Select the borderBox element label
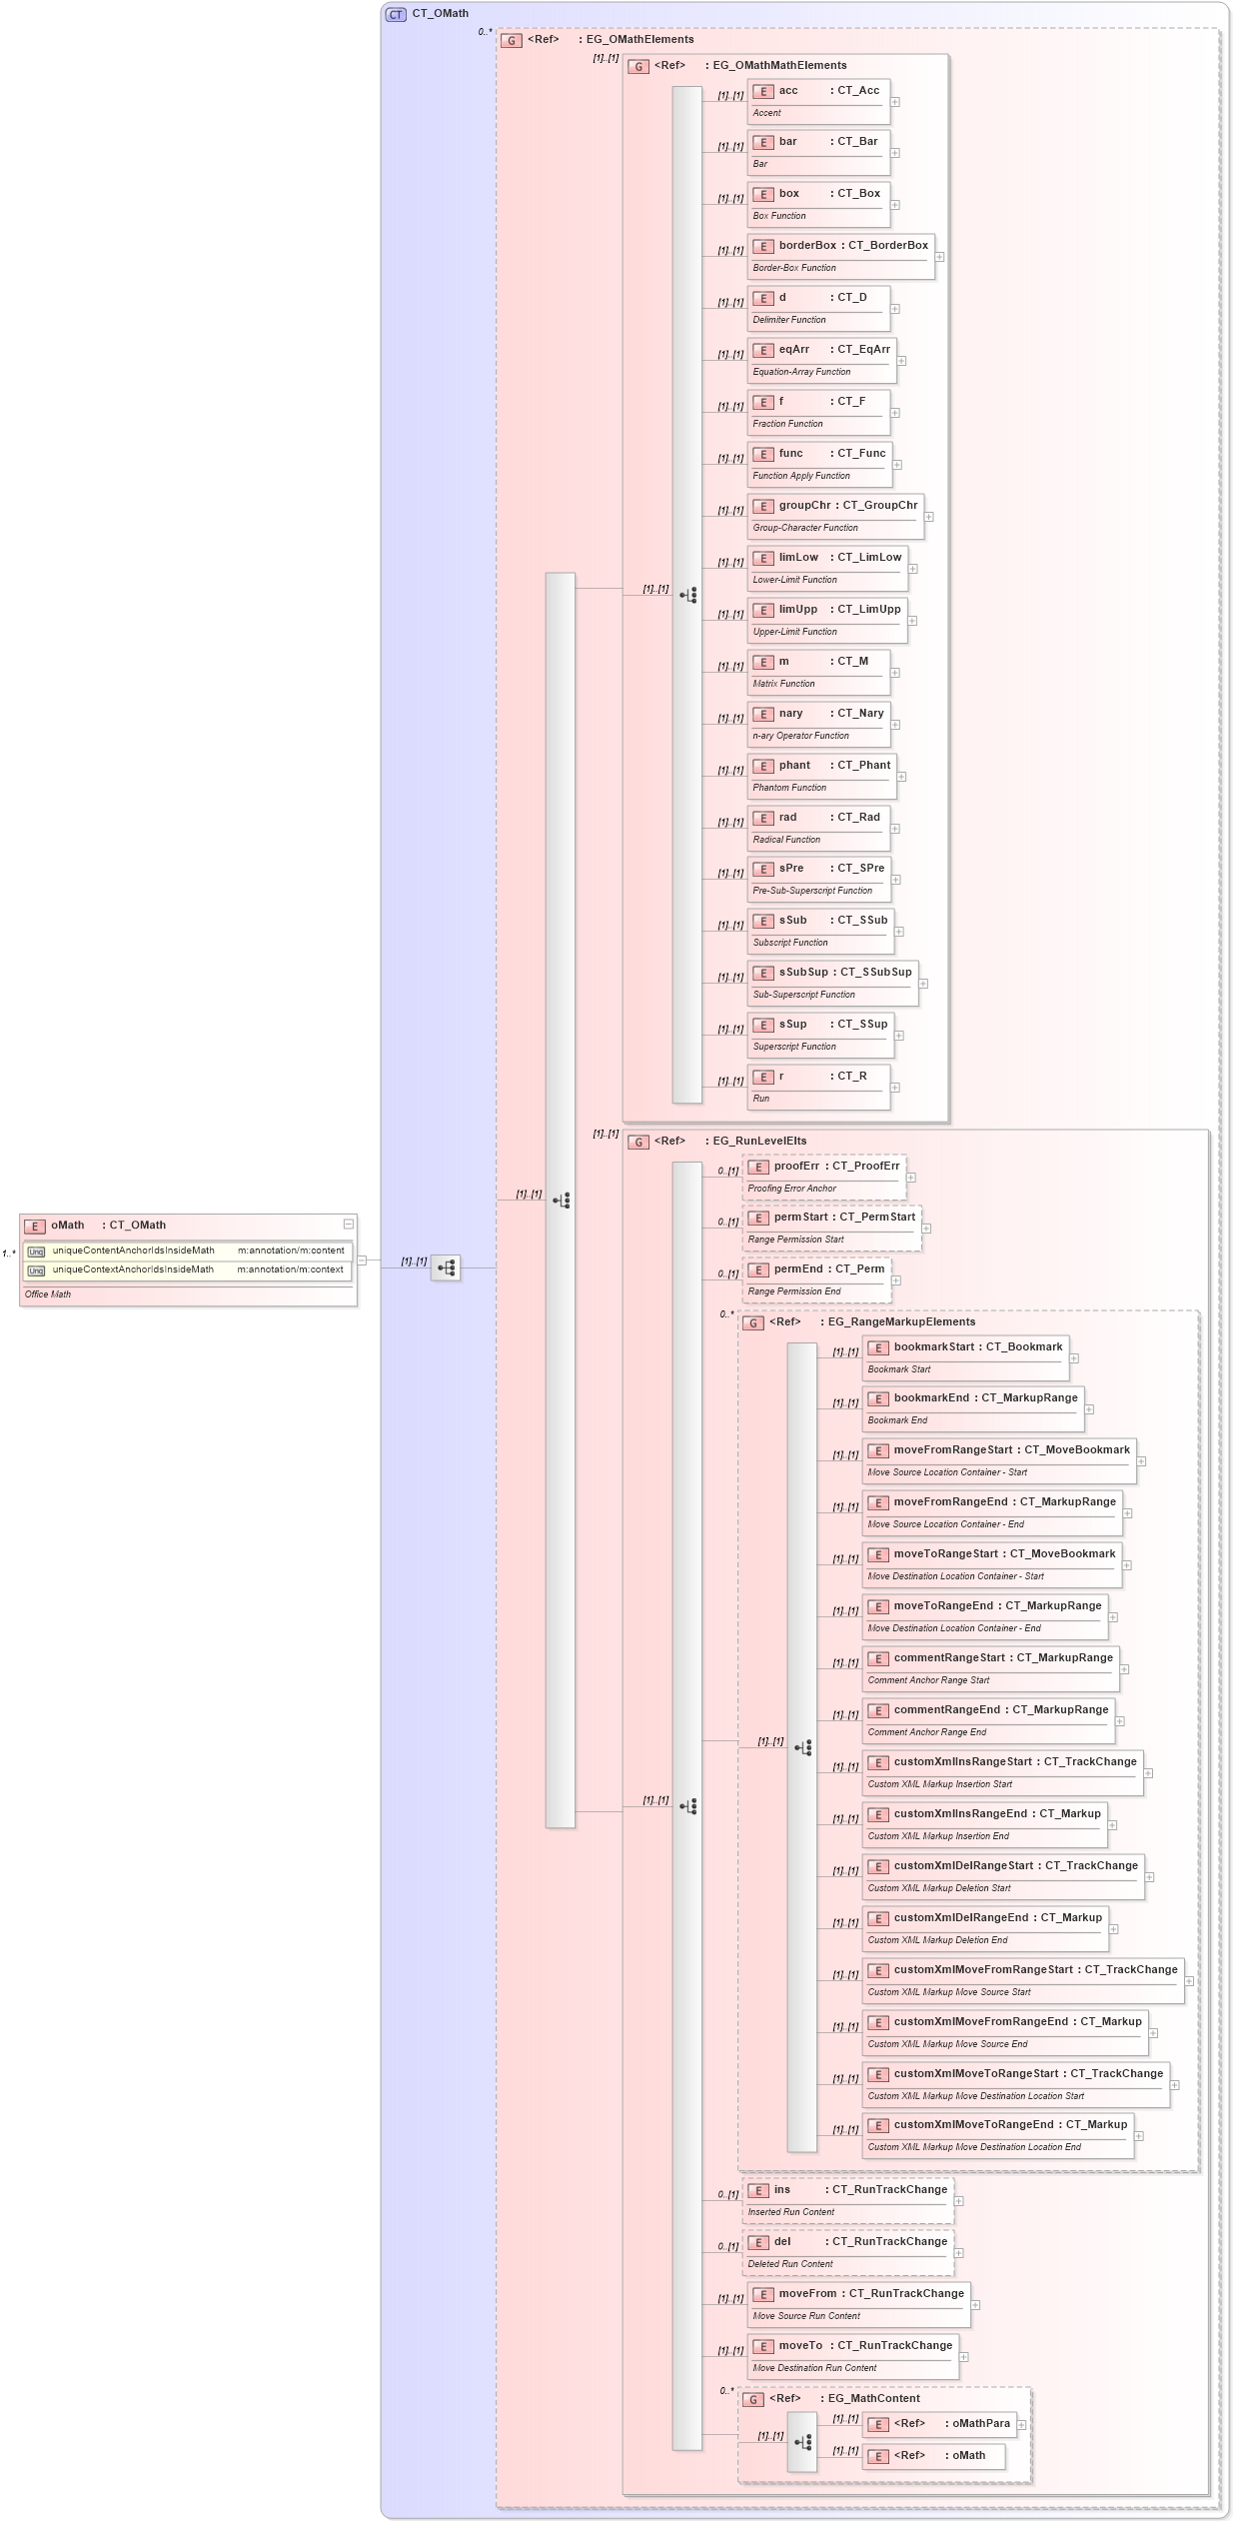pos(807,245)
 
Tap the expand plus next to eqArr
pos(901,361)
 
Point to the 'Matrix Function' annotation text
pos(783,684)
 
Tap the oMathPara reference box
pos(940,2424)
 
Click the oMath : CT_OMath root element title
pos(108,1226)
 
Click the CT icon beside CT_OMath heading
pos(396,14)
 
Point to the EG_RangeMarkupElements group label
pos(901,1321)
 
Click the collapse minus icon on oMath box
pos(348,1225)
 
